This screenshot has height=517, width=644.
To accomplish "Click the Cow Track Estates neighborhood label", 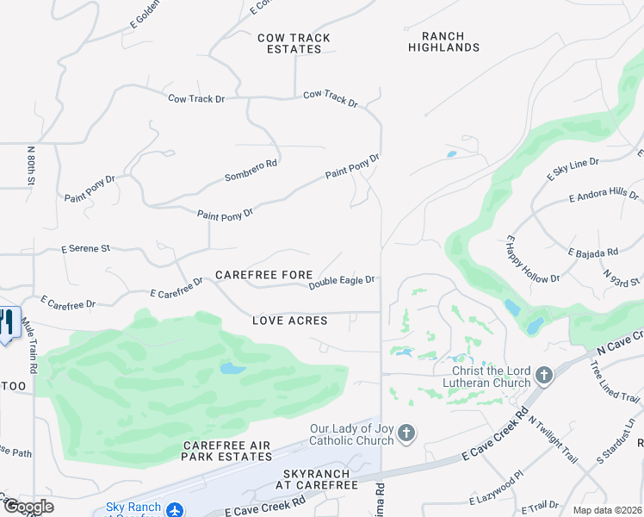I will (294, 43).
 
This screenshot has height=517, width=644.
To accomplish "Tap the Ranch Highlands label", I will (443, 42).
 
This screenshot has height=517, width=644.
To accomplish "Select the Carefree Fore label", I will (263, 275).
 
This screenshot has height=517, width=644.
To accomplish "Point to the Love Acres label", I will (290, 321).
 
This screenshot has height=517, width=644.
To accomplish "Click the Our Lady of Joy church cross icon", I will (406, 433).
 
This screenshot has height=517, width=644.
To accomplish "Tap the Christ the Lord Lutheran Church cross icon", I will (543, 376).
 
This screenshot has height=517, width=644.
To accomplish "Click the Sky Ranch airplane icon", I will (175, 510).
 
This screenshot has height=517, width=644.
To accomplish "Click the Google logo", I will (28, 507).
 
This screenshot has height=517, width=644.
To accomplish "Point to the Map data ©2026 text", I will (607, 510).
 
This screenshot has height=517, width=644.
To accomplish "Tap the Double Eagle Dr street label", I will (342, 281).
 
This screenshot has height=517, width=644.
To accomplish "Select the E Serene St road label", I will (85, 248).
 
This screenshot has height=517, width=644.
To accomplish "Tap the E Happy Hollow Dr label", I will (532, 259).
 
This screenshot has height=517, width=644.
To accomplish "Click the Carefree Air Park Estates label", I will (227, 451).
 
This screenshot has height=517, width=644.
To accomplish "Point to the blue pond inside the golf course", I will (232, 369).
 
